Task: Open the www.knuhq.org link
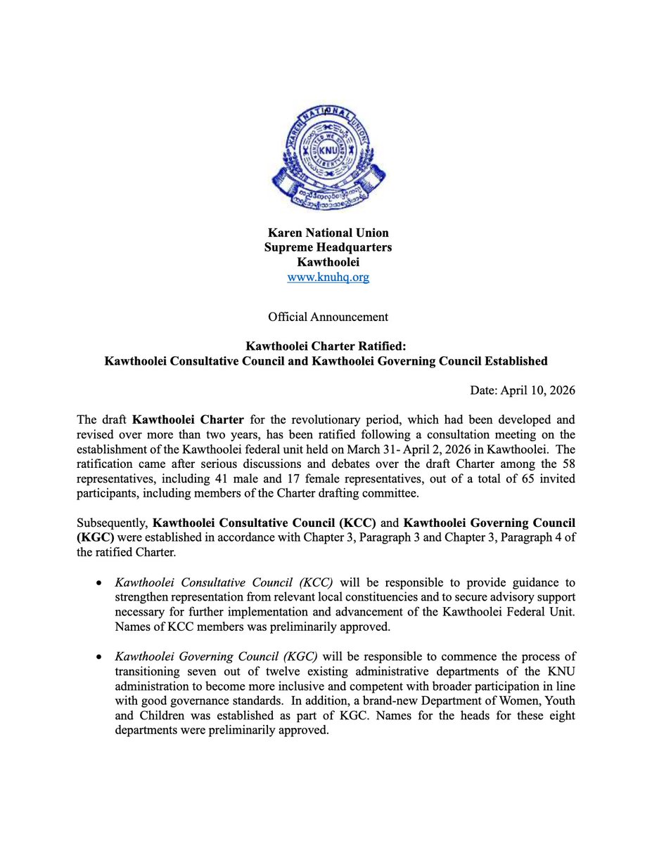(328, 277)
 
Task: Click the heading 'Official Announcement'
(328, 317)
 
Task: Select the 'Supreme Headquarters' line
(328, 247)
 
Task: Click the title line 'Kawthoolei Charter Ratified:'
(326, 346)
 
